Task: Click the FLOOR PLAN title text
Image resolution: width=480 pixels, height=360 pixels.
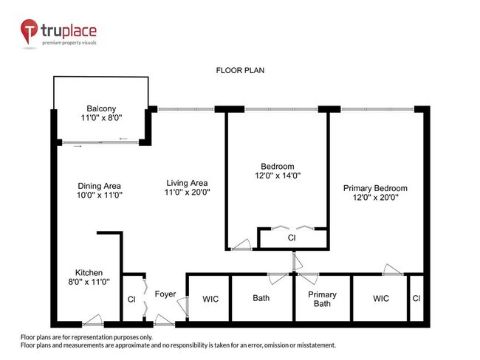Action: pyautogui.click(x=240, y=71)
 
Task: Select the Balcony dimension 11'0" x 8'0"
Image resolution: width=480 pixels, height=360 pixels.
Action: pyautogui.click(x=101, y=118)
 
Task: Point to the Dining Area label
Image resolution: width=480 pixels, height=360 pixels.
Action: pyautogui.click(x=99, y=186)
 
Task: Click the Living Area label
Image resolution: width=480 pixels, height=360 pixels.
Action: pyautogui.click(x=185, y=183)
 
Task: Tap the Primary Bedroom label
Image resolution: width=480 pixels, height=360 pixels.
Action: pyautogui.click(x=375, y=188)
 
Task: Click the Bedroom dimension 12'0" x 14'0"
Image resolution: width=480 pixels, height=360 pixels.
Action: pyautogui.click(x=277, y=176)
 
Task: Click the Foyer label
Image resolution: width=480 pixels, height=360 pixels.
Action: pyautogui.click(x=165, y=294)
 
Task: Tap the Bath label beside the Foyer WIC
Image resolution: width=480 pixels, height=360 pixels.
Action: pyautogui.click(x=261, y=299)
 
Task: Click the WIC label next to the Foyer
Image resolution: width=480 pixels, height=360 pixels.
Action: pyautogui.click(x=210, y=299)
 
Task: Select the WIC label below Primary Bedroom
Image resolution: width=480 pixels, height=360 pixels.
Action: pyautogui.click(x=381, y=299)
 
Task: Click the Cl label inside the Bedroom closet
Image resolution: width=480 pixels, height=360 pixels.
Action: pyautogui.click(x=292, y=238)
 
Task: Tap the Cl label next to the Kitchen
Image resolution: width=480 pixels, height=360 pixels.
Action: pyautogui.click(x=131, y=300)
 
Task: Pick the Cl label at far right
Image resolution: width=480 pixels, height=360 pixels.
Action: pyautogui.click(x=416, y=299)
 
